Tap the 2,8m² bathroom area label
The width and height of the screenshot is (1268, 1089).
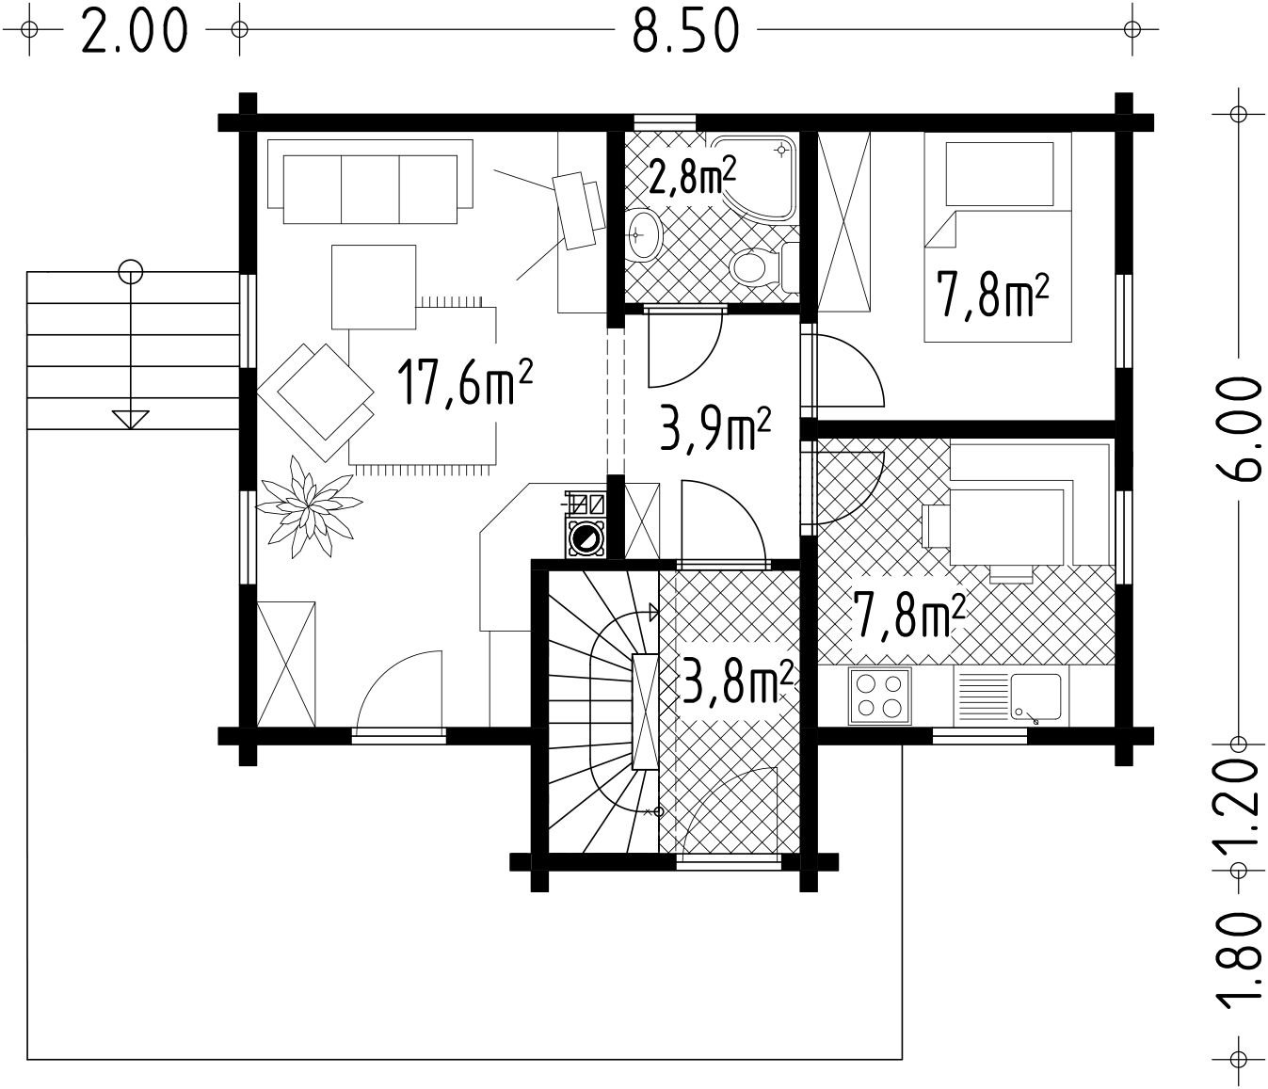click(691, 175)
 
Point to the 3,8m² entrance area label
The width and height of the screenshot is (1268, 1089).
click(735, 681)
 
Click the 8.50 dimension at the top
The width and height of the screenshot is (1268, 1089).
click(685, 30)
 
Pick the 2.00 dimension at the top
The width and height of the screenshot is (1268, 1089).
click(134, 30)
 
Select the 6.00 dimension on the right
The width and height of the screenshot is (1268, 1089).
click(1238, 428)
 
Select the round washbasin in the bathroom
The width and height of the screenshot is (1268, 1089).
click(643, 235)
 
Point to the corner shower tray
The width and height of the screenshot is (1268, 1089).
click(755, 177)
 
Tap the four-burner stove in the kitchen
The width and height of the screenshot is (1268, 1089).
click(879, 696)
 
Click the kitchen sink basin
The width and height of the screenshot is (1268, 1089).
click(1035, 697)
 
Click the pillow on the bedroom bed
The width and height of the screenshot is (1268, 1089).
click(1000, 174)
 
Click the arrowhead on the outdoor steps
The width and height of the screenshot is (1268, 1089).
click(131, 420)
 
